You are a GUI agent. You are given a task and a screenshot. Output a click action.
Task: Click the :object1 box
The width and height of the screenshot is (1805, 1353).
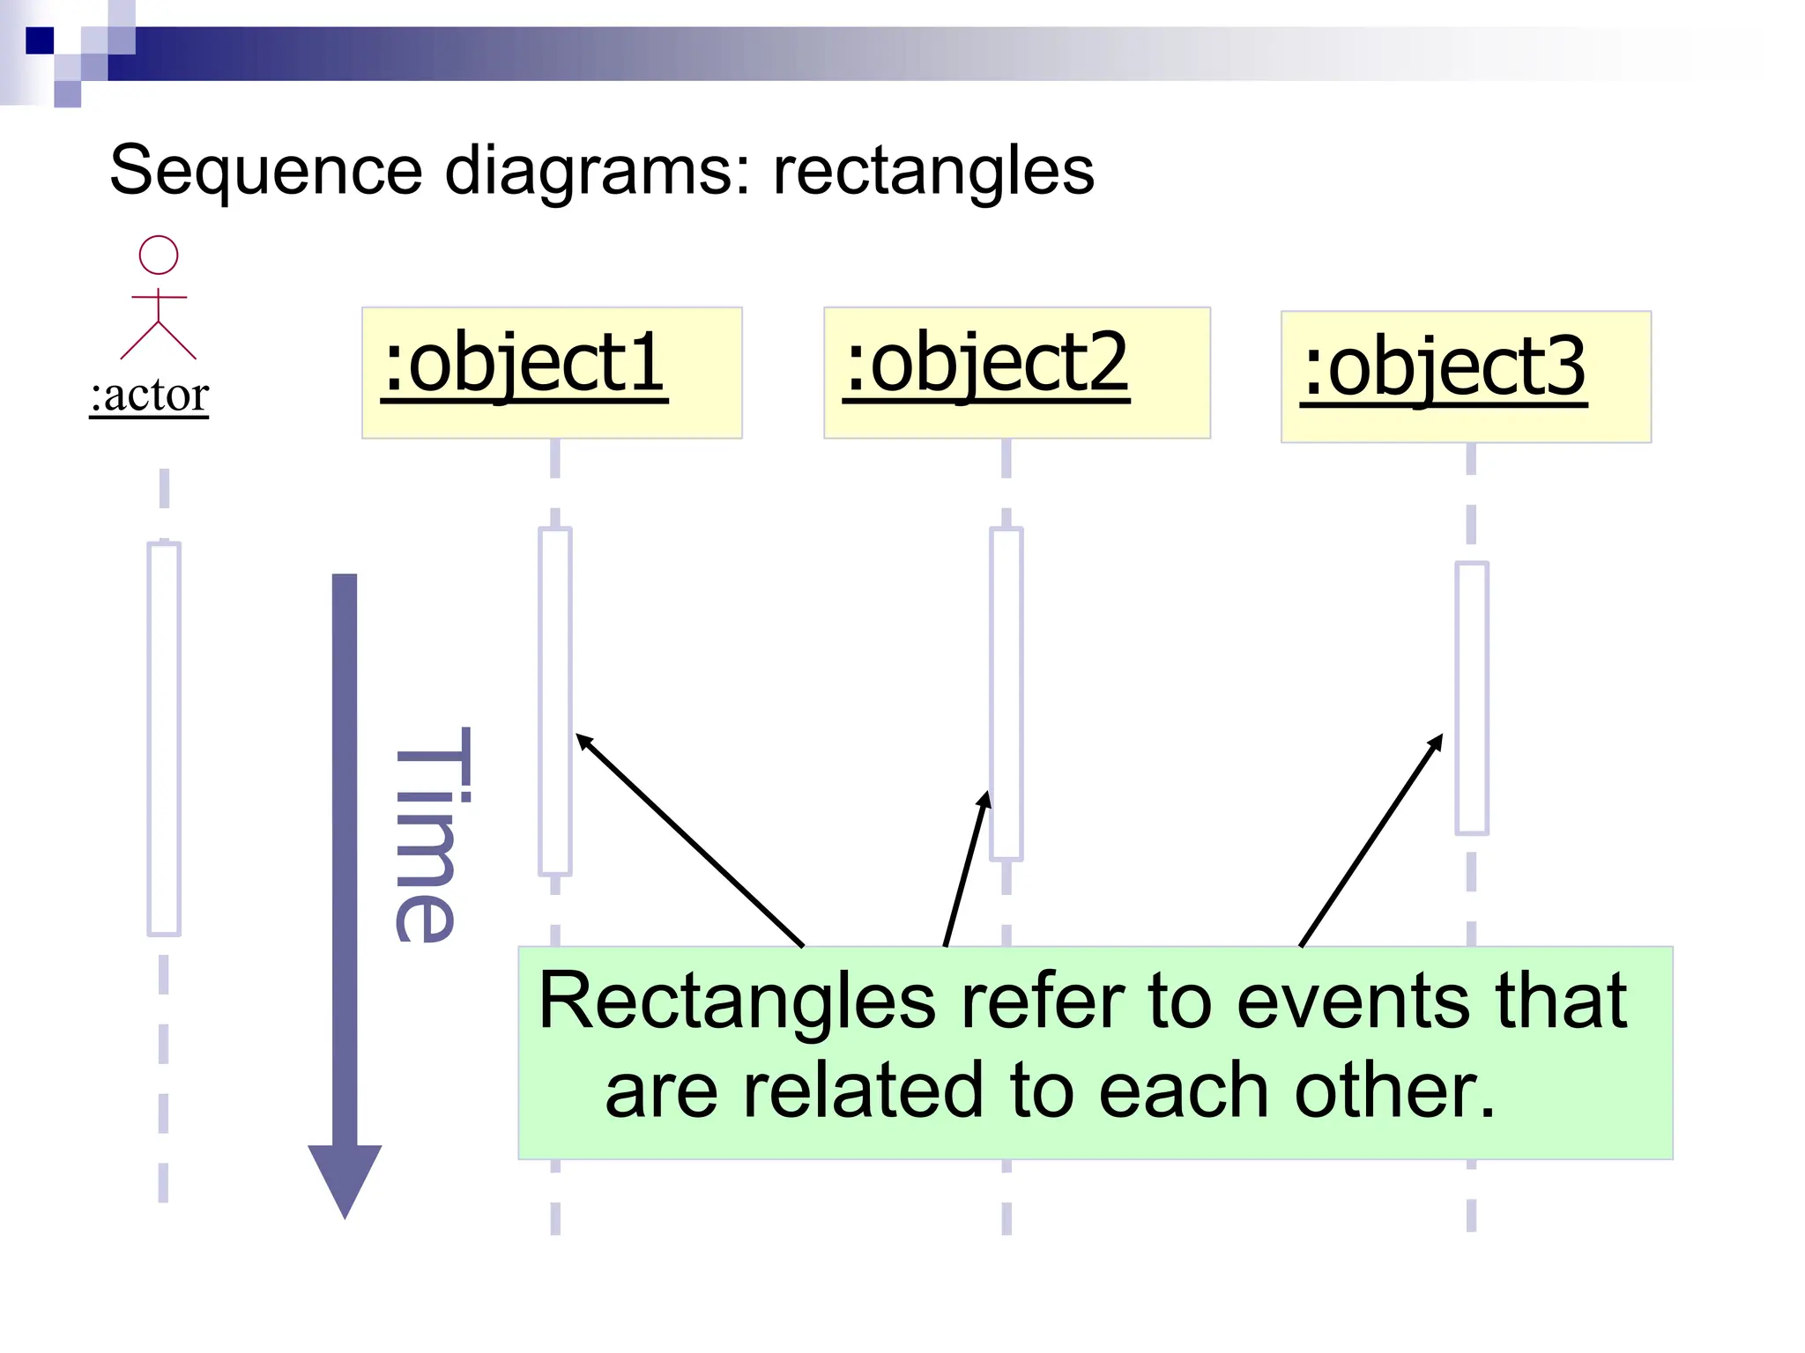click(552, 373)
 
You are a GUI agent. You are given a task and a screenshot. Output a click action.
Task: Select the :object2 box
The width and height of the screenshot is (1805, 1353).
click(1016, 373)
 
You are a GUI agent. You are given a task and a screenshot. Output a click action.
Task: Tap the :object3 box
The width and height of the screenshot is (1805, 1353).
click(1465, 377)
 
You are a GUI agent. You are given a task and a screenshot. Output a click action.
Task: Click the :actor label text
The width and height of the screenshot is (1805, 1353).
click(150, 395)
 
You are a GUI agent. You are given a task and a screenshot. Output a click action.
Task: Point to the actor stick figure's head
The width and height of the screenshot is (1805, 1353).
click(159, 255)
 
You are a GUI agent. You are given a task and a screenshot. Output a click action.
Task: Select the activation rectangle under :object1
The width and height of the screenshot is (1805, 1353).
click(555, 701)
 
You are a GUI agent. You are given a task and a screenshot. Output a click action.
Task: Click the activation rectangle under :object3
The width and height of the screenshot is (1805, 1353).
click(1472, 698)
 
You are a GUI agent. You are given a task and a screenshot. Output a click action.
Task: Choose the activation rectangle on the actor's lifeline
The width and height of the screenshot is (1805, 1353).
click(164, 738)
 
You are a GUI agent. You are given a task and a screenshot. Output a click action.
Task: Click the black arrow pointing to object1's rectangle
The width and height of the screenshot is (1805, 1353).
click(689, 840)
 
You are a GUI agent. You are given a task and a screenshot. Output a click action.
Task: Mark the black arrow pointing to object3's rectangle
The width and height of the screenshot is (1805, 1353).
click(1371, 840)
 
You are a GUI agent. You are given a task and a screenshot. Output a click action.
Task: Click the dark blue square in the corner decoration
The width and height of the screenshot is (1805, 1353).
click(40, 41)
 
